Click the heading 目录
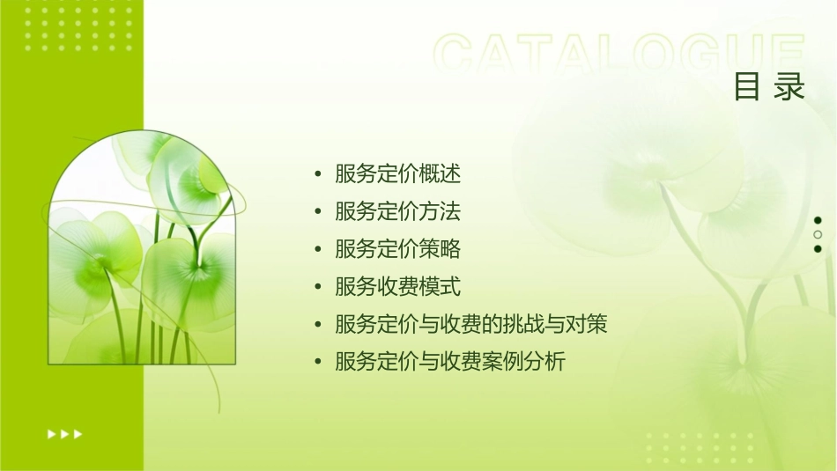(770, 87)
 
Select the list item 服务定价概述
(398, 174)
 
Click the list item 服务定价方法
(398, 212)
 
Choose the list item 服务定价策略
(398, 249)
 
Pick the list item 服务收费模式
(398, 287)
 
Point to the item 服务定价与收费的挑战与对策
(471, 325)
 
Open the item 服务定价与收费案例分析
(450, 362)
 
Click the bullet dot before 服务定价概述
(317, 175)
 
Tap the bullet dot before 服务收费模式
(317, 288)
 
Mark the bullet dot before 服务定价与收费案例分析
(317, 363)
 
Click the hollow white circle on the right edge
(818, 234)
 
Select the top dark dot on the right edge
(818, 220)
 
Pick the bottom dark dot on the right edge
(818, 248)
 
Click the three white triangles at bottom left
(64, 433)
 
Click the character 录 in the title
(790, 87)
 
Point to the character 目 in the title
(747, 87)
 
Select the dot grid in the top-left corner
(79, 27)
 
